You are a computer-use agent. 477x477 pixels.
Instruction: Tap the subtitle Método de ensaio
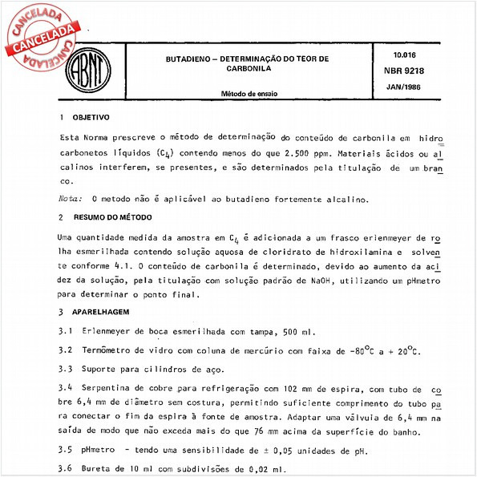coord(249,94)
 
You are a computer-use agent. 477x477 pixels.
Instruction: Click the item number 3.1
coord(66,330)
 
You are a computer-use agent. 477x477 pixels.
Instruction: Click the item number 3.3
coord(66,369)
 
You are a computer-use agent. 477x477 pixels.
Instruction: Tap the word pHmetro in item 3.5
coord(99,450)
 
